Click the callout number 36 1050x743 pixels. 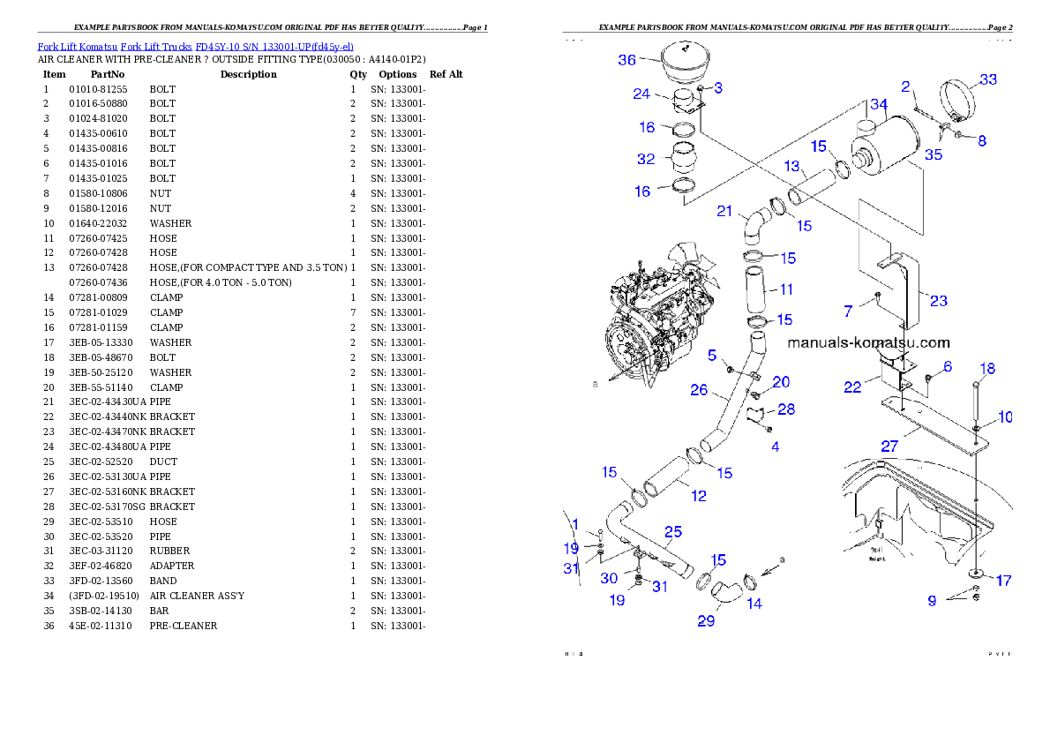[x=626, y=60]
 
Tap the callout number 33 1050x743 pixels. [x=988, y=79]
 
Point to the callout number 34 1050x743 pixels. [x=878, y=105]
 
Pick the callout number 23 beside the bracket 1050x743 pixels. [x=939, y=301]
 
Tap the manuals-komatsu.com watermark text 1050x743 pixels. [x=868, y=343]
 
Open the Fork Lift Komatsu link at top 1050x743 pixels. [x=195, y=46]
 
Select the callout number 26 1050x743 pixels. [x=699, y=389]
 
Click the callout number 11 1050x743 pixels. [x=785, y=289]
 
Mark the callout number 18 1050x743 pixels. [x=986, y=368]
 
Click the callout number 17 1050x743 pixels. [x=1003, y=581]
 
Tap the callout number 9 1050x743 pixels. [x=932, y=602]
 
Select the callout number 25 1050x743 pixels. [x=673, y=531]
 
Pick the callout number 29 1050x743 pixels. [x=706, y=621]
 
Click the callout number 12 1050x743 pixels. [x=699, y=496]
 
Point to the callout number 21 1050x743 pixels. [x=724, y=211]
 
